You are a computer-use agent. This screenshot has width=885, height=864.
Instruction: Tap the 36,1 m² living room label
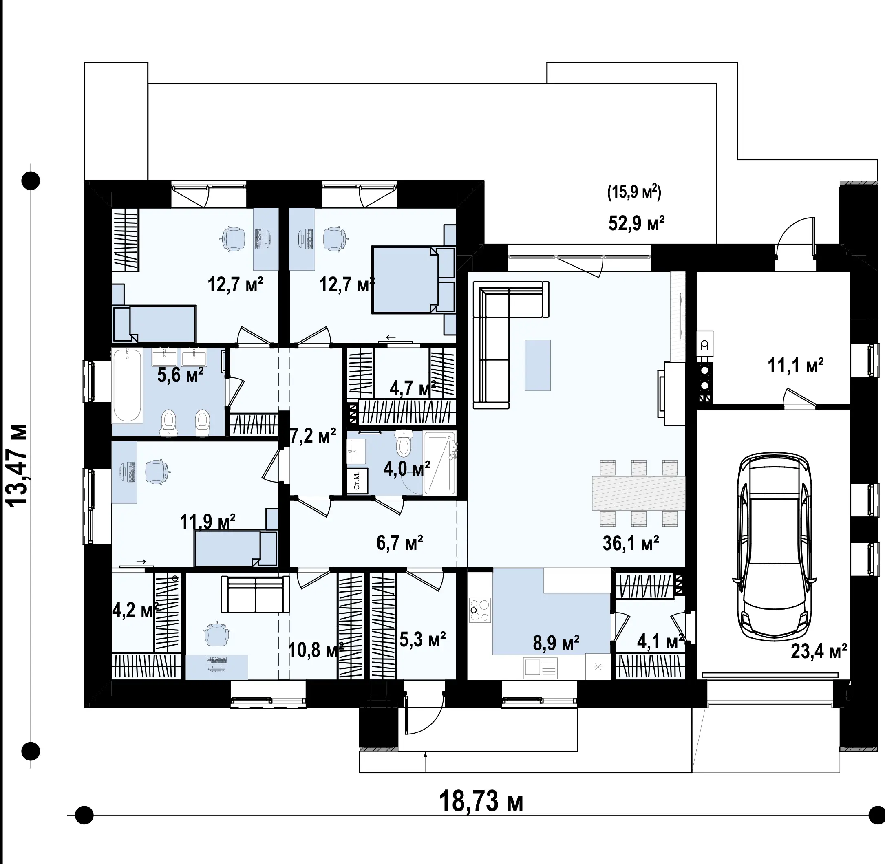coord(631,543)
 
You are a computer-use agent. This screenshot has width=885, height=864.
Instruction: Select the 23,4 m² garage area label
coord(819,651)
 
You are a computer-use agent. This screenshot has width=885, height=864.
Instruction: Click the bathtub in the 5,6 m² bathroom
coord(128,385)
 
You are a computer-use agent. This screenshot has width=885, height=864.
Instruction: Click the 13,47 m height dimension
coord(16,465)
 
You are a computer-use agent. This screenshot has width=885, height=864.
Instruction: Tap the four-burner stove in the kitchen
coord(480,611)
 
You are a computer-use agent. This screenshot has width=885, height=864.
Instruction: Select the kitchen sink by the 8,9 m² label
coord(541,668)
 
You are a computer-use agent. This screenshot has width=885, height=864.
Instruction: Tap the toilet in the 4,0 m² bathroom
coord(404,443)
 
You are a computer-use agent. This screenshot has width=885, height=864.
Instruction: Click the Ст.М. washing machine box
coord(357,480)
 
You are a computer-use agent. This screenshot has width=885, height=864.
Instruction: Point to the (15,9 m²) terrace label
coord(634,192)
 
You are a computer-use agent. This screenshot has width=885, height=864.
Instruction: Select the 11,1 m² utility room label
coord(796,365)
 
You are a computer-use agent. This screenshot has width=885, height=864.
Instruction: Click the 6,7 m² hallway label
coord(400,542)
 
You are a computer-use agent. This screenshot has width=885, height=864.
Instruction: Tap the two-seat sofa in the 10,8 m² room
coord(255,595)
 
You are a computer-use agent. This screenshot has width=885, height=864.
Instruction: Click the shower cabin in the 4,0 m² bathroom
coord(439,463)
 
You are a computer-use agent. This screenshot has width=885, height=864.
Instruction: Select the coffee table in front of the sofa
coord(538,365)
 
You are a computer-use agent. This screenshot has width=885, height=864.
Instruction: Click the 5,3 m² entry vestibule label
coord(423,639)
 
